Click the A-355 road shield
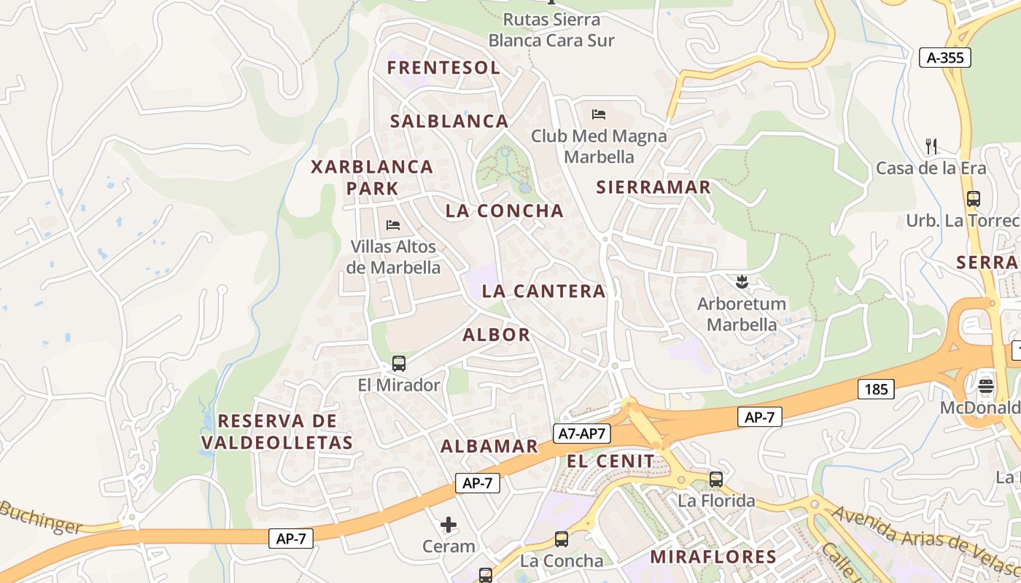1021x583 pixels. (x=944, y=58)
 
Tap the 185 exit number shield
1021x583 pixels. (x=876, y=389)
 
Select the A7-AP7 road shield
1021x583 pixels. (x=581, y=434)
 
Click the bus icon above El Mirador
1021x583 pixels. (x=399, y=363)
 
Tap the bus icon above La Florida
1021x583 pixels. (x=716, y=480)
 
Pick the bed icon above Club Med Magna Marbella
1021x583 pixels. (x=599, y=114)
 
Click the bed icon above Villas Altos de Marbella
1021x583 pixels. (x=393, y=225)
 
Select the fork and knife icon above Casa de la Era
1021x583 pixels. (x=931, y=146)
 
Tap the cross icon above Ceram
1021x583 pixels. (x=449, y=525)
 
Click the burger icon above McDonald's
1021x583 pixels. (x=986, y=386)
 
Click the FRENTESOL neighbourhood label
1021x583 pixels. (x=443, y=69)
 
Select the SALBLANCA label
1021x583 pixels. (x=449, y=121)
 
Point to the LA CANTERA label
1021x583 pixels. (x=543, y=291)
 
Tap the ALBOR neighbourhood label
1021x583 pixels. (x=497, y=335)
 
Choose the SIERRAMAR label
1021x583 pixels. (x=653, y=187)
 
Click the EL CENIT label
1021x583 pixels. (x=610, y=461)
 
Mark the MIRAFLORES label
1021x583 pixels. (x=713, y=557)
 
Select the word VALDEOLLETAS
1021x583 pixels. (x=277, y=442)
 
